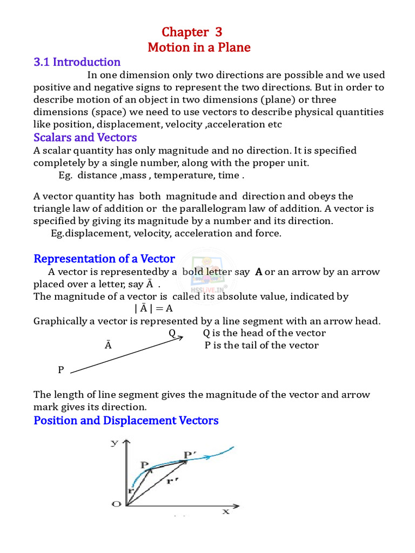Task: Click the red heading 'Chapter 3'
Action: (x=191, y=32)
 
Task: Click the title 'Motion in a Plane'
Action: (x=199, y=48)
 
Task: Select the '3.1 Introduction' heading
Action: (x=77, y=62)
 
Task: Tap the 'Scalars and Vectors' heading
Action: (x=85, y=137)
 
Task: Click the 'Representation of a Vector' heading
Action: (x=104, y=259)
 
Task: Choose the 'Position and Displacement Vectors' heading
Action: (x=126, y=420)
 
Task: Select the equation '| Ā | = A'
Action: (x=153, y=309)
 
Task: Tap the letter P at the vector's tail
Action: (x=61, y=370)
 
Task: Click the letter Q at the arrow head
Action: (x=172, y=333)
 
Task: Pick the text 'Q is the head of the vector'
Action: (x=264, y=333)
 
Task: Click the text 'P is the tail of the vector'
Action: (x=262, y=346)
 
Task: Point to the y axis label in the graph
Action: (x=115, y=443)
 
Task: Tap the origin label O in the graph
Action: (x=116, y=504)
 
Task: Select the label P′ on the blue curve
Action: (x=190, y=455)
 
